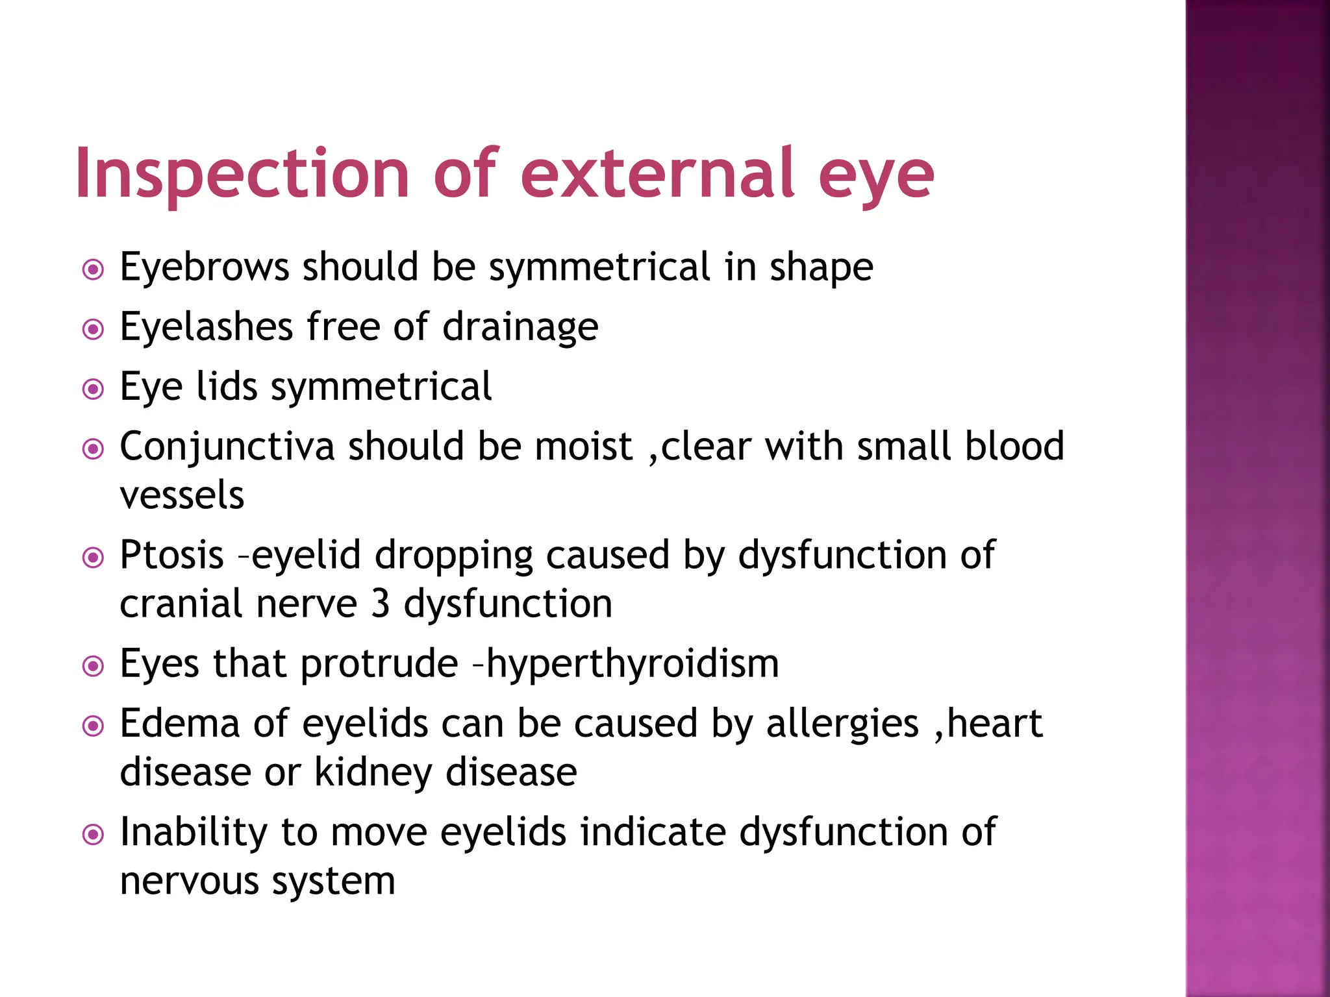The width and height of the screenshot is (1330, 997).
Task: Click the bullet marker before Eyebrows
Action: [x=94, y=269]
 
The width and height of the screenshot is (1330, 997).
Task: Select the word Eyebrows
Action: [x=204, y=267]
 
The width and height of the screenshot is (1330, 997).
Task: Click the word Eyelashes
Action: [x=206, y=326]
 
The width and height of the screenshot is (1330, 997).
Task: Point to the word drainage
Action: [x=520, y=328]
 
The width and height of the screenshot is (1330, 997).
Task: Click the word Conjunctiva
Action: [x=227, y=447]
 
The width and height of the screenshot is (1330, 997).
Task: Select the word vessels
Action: [x=182, y=495]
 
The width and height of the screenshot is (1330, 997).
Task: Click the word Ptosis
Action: [x=172, y=556]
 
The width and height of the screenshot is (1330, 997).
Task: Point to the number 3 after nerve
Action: [x=380, y=604]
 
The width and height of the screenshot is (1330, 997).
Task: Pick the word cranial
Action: [x=181, y=604]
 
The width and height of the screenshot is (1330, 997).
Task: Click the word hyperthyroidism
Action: [x=633, y=665]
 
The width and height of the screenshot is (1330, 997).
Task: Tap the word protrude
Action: [x=379, y=665]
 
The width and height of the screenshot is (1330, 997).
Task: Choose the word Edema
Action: [x=180, y=724]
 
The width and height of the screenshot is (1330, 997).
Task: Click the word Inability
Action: [x=193, y=832]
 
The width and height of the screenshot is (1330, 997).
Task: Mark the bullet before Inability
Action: [x=94, y=835]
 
